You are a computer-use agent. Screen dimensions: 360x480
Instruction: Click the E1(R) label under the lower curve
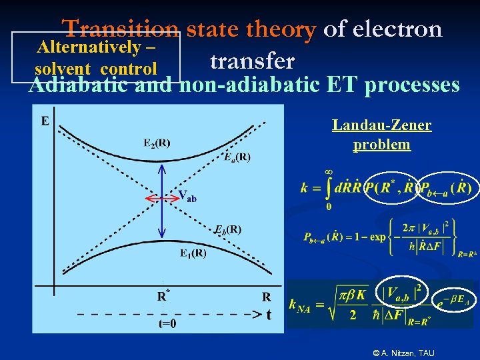pyautogui.click(x=193, y=253)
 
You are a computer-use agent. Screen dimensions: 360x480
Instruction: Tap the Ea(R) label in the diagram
pyautogui.click(x=237, y=157)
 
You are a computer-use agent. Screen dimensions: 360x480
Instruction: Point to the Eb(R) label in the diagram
pyautogui.click(x=227, y=229)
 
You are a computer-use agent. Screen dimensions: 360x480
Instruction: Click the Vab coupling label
pyautogui.click(x=187, y=196)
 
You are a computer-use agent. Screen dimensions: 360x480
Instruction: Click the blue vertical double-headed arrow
pyautogui.click(x=161, y=200)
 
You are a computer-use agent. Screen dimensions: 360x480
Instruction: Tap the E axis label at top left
pyautogui.click(x=45, y=121)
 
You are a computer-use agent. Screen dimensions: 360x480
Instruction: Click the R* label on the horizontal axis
pyautogui.click(x=162, y=296)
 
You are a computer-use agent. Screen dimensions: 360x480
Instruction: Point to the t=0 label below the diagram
pyautogui.click(x=168, y=324)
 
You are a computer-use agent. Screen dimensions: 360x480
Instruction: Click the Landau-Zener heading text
pyautogui.click(x=381, y=125)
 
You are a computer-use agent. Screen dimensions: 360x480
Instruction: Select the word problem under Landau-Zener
pyautogui.click(x=381, y=144)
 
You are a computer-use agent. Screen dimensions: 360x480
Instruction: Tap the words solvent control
pyautogui.click(x=96, y=69)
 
